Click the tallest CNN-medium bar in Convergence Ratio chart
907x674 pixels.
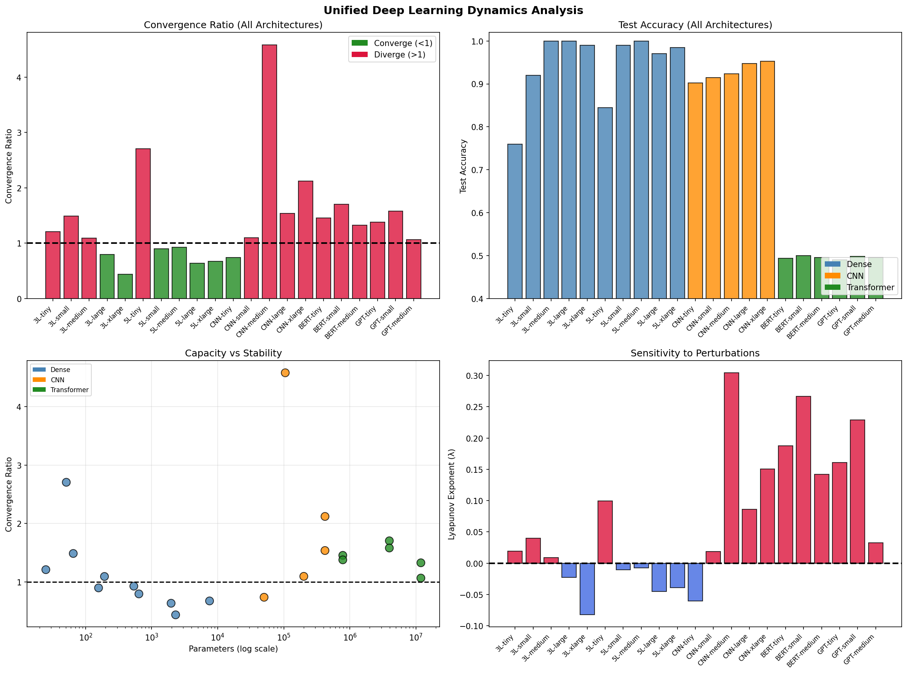(x=269, y=172)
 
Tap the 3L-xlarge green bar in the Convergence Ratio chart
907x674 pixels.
(x=125, y=286)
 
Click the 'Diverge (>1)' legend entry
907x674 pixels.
(x=399, y=55)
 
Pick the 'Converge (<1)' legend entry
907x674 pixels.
(x=402, y=43)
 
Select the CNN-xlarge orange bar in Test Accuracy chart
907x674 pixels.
(x=767, y=180)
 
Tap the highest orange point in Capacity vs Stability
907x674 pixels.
(x=285, y=372)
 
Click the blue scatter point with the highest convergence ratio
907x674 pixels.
(x=66, y=482)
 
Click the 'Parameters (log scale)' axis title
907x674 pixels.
(x=233, y=649)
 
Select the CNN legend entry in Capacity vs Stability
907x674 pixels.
(x=57, y=380)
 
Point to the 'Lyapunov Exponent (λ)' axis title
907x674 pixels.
(x=451, y=494)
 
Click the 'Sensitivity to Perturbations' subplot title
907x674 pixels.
(x=695, y=353)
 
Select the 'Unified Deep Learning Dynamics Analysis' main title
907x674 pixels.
(x=453, y=11)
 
